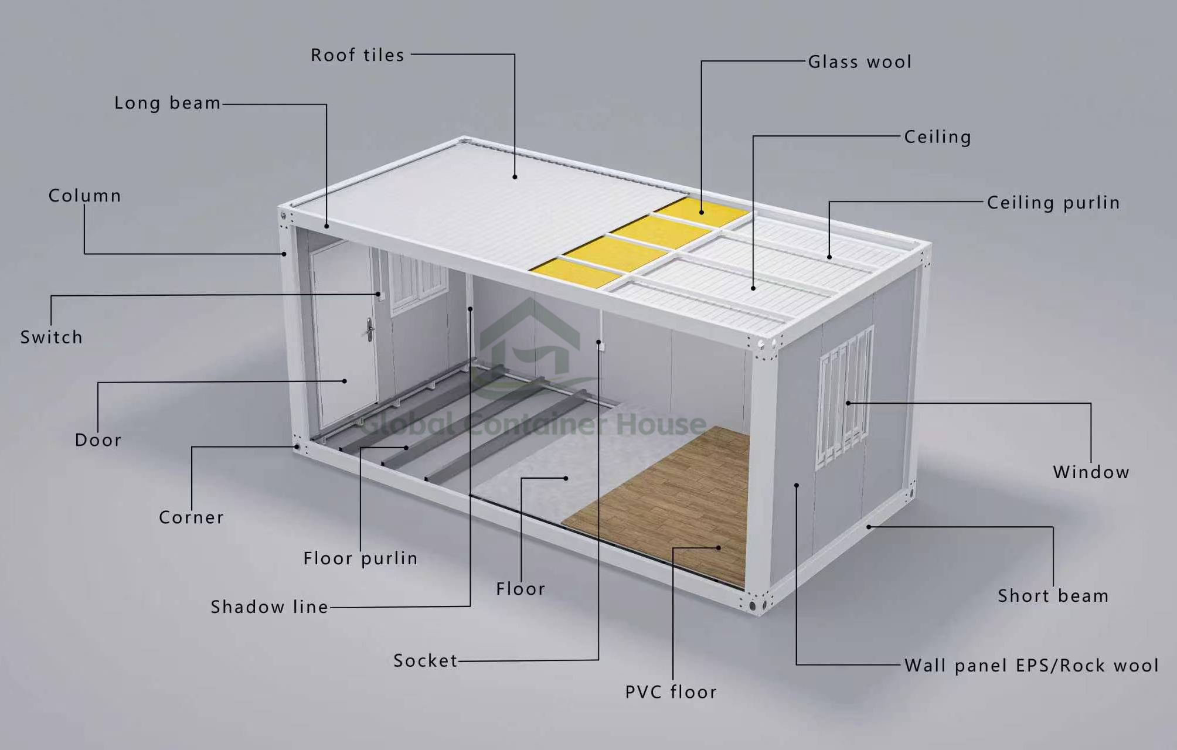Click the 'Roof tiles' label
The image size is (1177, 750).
tap(358, 55)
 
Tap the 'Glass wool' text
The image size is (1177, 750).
tap(860, 62)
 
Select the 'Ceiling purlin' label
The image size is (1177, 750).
tap(1053, 203)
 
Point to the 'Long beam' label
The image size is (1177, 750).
tap(168, 103)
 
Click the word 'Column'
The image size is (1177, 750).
tap(85, 196)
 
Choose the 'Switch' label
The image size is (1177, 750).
tap(52, 337)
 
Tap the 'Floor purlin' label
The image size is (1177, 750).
tap(360, 559)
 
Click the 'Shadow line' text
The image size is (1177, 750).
tap(270, 607)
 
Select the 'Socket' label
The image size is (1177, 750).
tap(426, 661)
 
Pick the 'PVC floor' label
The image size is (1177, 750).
tap(671, 692)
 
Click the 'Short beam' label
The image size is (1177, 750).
tap(1053, 596)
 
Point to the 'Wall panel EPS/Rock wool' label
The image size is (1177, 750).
tap(1032, 666)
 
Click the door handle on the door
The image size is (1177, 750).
tap(369, 329)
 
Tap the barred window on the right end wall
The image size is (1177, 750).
tap(845, 398)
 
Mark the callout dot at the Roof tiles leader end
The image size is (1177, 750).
tap(515, 176)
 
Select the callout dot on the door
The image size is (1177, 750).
tap(345, 381)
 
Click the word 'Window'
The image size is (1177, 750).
tap(1091, 472)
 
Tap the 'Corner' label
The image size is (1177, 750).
tap(192, 517)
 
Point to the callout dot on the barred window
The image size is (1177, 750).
tap(848, 403)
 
